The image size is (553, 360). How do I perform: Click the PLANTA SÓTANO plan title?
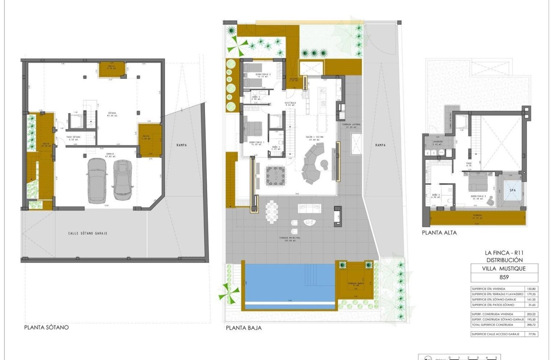coord(46,327)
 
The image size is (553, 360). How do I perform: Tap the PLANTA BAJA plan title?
coord(243,328)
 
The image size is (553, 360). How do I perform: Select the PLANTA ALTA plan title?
coord(439,233)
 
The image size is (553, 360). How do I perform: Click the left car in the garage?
coord(96,180)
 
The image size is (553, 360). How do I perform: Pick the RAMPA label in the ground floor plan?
coord(380,145)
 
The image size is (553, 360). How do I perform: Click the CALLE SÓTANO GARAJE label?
coord(87,233)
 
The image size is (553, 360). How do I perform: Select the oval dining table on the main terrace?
coord(272,212)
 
